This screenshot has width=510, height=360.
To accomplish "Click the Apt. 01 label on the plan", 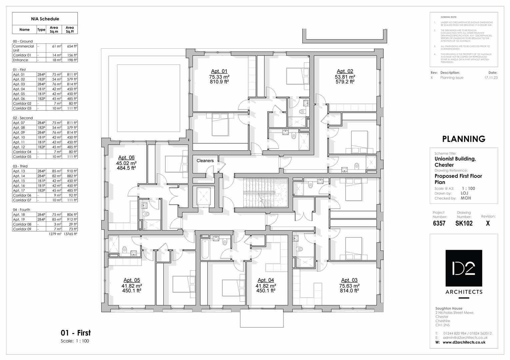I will click(x=219, y=71).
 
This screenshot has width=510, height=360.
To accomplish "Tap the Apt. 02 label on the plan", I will click(x=345, y=71).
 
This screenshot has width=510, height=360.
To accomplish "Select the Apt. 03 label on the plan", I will click(x=349, y=280).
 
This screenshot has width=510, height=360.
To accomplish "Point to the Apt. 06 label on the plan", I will click(x=126, y=157).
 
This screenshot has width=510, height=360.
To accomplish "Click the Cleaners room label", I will click(x=205, y=161).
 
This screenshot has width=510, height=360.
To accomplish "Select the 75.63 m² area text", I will click(x=349, y=286).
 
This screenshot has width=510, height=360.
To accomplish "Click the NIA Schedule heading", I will click(x=45, y=19).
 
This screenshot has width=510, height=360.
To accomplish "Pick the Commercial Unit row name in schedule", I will click(x=23, y=48).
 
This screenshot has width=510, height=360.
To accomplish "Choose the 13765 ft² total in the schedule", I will click(x=70, y=234).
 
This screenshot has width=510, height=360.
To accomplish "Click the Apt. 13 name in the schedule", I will click(x=19, y=171).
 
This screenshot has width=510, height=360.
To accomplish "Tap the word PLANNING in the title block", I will click(x=463, y=139).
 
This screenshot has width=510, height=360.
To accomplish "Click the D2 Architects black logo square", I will click(x=464, y=268).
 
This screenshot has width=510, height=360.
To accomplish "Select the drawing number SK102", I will click(x=464, y=223).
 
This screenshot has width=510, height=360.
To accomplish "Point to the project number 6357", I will click(x=439, y=223).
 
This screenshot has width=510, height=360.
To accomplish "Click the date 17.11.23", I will click(x=491, y=78).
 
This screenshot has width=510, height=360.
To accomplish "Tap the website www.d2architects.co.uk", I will click(x=464, y=342).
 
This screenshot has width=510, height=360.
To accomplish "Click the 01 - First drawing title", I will click(x=76, y=333).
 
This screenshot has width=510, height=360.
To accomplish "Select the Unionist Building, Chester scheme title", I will click(x=455, y=162).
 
